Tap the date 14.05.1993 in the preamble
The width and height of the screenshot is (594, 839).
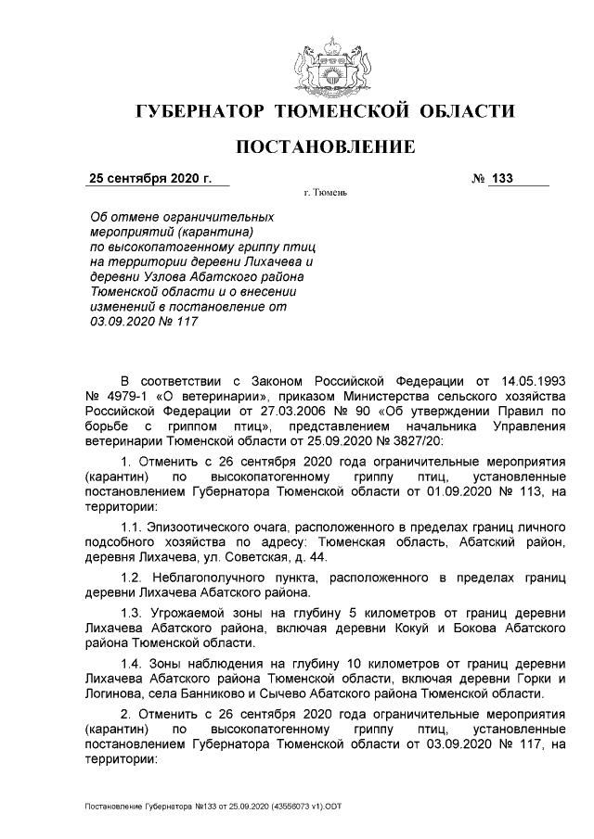coord(529,381)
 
